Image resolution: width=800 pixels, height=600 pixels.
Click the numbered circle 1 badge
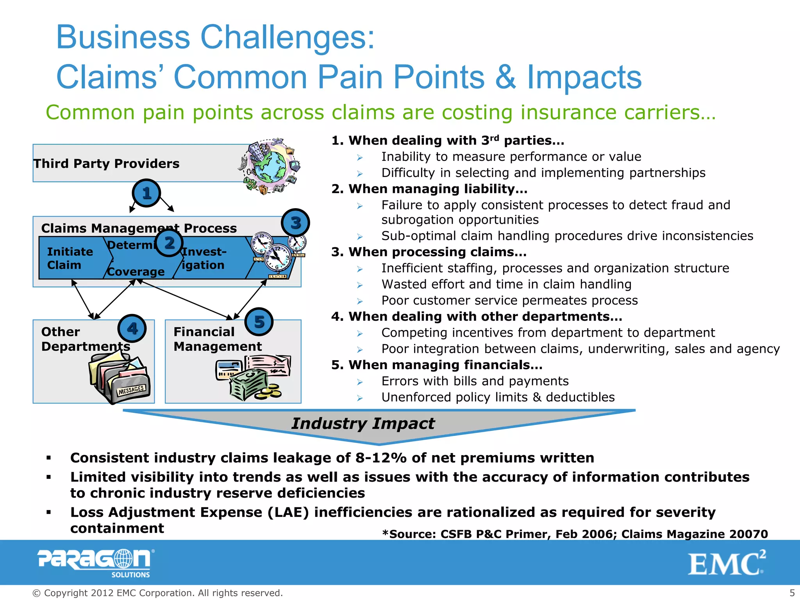point(146,193)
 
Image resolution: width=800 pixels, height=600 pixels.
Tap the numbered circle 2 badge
point(169,243)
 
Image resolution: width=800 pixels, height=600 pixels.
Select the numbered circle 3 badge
point(295,223)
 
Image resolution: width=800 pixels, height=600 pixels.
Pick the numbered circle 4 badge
point(132,329)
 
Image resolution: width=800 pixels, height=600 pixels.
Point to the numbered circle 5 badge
point(259,322)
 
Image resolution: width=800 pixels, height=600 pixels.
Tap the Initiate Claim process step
point(70,258)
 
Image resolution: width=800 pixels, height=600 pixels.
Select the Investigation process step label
point(204,258)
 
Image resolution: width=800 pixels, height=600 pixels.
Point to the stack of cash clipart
point(249,385)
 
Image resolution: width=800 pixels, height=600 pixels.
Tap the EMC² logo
point(727,563)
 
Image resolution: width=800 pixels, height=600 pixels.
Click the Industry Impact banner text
point(363,423)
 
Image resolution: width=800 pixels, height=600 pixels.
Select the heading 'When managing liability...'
point(430,189)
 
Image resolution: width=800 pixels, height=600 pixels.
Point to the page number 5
point(792,593)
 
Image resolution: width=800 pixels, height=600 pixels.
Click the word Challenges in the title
point(287,37)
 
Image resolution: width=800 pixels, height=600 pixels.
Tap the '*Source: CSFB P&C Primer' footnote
point(575,534)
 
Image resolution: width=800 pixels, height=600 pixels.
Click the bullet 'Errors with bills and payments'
point(475,381)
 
